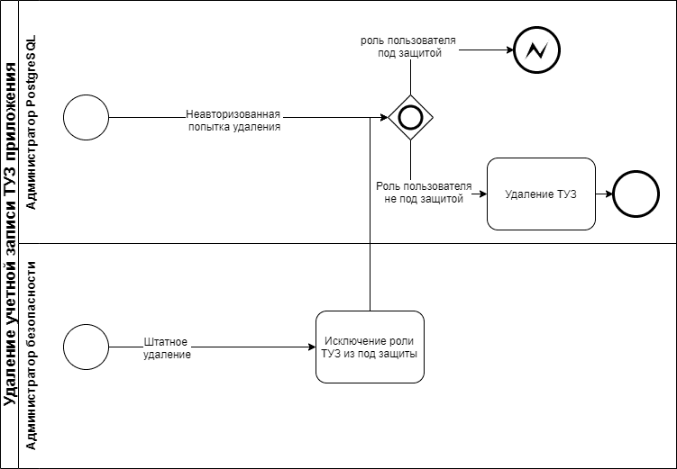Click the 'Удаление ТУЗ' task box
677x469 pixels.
(541, 194)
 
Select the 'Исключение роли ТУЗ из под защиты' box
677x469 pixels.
(370, 347)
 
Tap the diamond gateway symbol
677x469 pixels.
(411, 117)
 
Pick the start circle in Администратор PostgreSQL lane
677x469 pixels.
(87, 117)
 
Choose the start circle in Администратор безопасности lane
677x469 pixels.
(87, 347)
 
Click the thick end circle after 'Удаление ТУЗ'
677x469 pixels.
(636, 194)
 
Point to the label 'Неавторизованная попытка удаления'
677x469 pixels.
(233, 121)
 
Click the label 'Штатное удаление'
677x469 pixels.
(166, 348)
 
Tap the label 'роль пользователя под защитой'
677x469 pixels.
(408, 48)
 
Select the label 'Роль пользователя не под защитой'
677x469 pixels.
(424, 192)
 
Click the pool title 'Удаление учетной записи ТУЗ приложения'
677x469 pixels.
(11, 234)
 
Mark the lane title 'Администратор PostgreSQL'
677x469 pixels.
(32, 123)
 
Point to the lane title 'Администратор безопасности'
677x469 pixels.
(32, 356)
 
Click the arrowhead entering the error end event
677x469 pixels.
(508, 50)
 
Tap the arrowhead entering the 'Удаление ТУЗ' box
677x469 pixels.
(482, 194)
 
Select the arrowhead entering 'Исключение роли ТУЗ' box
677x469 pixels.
(310, 347)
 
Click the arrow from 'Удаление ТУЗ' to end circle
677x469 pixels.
(604, 194)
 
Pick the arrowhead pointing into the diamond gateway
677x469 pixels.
(384, 117)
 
